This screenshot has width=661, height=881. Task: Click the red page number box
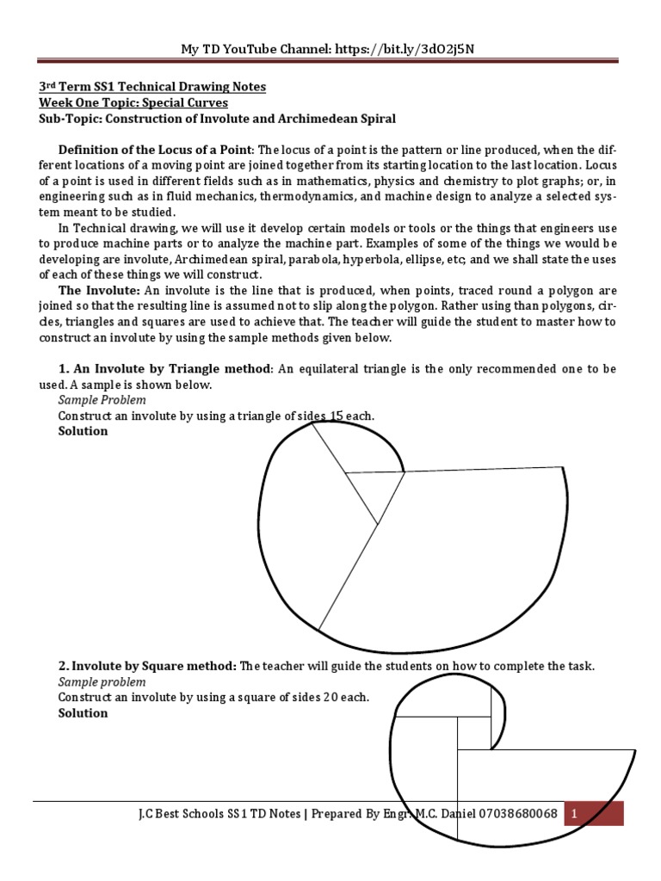point(593,813)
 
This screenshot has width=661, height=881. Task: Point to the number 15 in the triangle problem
point(337,416)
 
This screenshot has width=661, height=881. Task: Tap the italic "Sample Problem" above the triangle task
point(102,400)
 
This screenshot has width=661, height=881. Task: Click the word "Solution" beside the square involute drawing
point(83,712)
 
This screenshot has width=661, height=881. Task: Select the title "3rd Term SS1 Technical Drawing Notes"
point(153,87)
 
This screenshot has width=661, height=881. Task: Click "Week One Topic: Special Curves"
point(134,102)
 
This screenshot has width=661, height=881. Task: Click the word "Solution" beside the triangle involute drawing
point(83,431)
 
